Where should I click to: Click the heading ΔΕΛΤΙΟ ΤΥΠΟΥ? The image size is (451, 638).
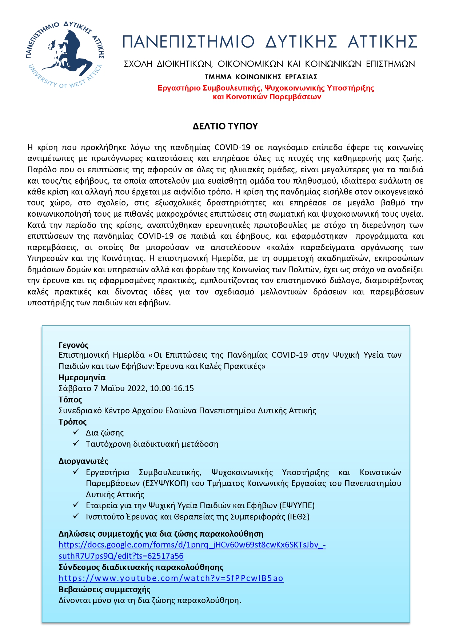pos(225,126)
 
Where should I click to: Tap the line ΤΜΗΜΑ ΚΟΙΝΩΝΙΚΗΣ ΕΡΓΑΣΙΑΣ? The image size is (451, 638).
pos(261,77)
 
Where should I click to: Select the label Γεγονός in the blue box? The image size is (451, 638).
pos(73,345)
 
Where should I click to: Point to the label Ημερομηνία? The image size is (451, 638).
pos(82,377)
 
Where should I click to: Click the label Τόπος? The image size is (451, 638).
pos(70,400)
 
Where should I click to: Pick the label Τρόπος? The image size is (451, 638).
pos(73,422)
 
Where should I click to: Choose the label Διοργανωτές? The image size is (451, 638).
pos(83,461)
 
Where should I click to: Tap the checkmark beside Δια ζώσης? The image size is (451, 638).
pos(76,432)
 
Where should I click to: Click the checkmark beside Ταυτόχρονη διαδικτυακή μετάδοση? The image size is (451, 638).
pos(76,443)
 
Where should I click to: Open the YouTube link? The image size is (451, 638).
pos(171,578)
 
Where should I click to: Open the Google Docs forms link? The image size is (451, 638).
pos(192,545)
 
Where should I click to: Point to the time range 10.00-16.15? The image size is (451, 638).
pos(172,388)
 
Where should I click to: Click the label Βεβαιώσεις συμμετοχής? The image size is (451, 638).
pos(104,589)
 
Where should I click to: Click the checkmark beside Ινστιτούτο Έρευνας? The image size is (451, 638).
pos(76,516)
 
